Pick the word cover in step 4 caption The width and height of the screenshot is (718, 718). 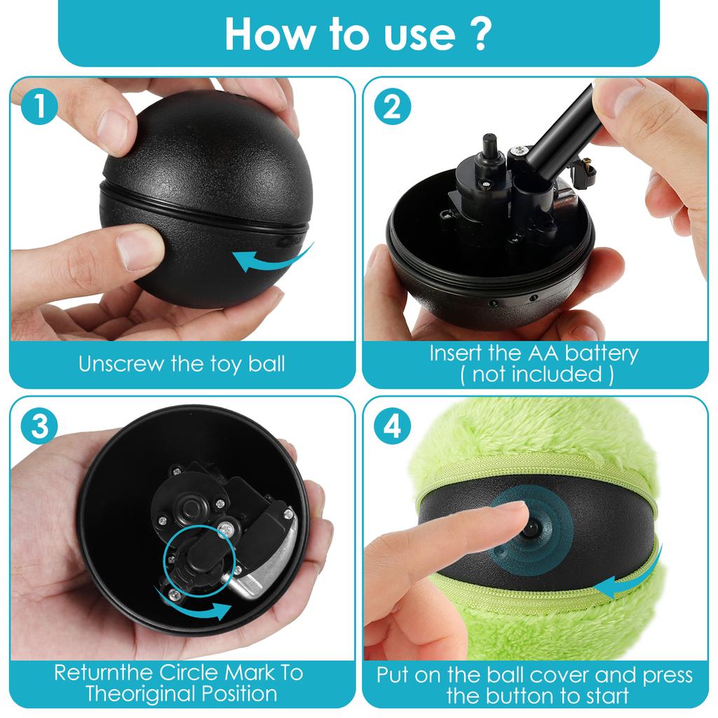click(x=555, y=676)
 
